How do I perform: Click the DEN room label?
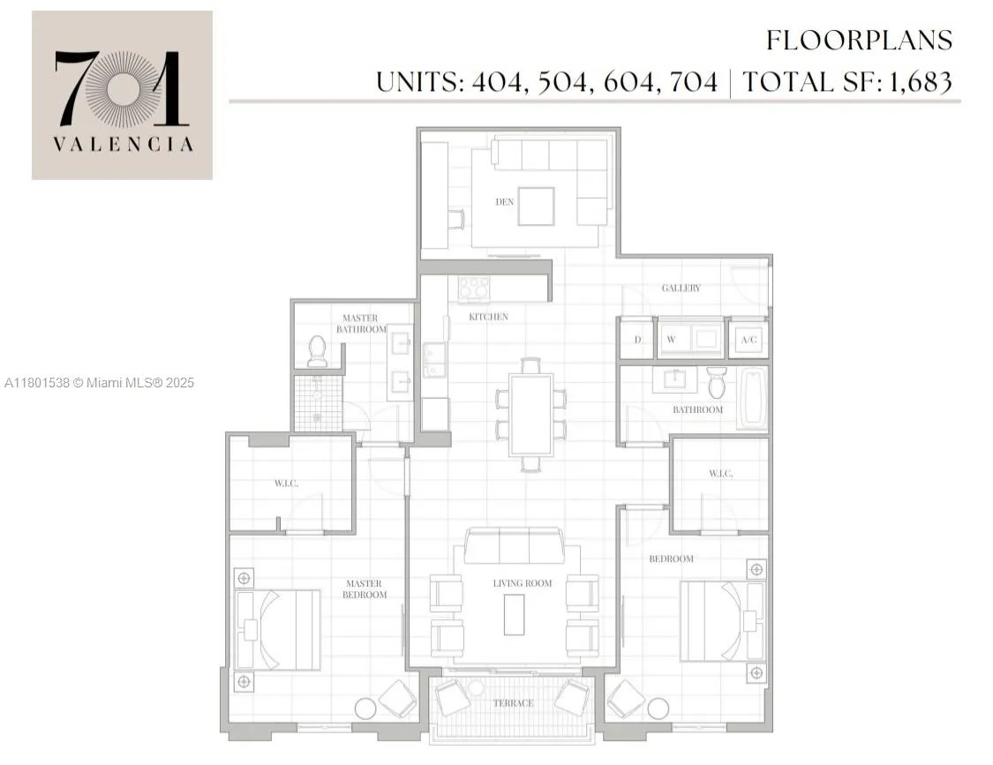point(504,202)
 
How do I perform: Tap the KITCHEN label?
point(488,317)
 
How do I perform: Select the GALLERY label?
point(681,289)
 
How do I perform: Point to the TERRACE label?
point(513,703)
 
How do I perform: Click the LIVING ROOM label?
point(523,583)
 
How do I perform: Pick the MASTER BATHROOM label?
point(360,324)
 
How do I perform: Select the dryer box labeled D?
point(636,339)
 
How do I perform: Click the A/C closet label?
point(749,339)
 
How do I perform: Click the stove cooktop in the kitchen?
point(474,289)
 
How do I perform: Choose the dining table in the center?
point(530,414)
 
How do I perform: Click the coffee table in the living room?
point(514,614)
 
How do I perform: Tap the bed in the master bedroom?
point(278,629)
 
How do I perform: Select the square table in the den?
point(535,206)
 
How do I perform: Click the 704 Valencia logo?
point(122,95)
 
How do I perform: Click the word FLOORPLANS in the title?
point(859,41)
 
